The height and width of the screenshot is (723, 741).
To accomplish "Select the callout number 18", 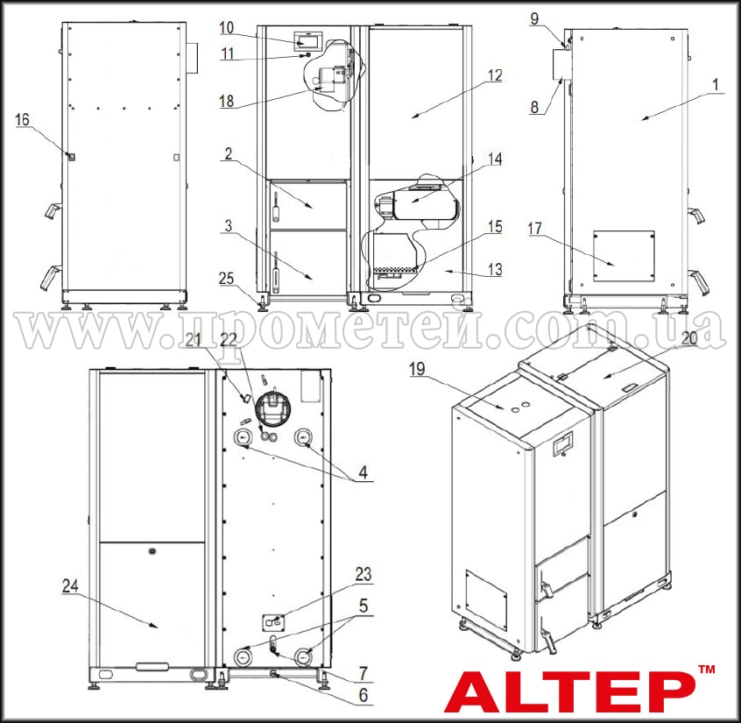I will point(227,102).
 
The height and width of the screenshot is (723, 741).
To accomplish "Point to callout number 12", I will point(495,76).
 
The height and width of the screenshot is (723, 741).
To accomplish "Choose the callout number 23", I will point(363,575).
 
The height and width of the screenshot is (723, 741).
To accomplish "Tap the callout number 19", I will point(416,370).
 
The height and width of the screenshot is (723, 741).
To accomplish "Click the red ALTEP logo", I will point(565,691).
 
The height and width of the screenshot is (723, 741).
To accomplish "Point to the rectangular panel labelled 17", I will point(624,255).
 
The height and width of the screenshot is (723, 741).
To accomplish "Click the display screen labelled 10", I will point(307,40).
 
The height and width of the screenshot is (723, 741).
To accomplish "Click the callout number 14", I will point(496,160).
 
